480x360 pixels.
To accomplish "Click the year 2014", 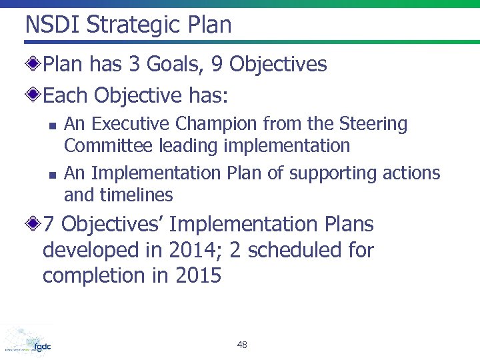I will tap(193, 251).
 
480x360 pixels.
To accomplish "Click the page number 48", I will tap(241, 345).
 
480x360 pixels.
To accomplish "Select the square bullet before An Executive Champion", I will tap(51, 125).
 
